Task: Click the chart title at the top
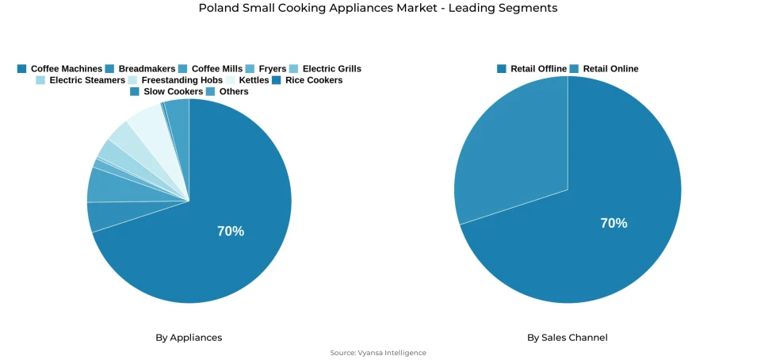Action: [378, 9]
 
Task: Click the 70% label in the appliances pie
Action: [231, 232]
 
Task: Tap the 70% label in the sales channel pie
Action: [614, 224]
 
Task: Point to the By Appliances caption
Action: [189, 338]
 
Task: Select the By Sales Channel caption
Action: [568, 338]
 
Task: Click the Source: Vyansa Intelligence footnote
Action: [378, 353]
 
